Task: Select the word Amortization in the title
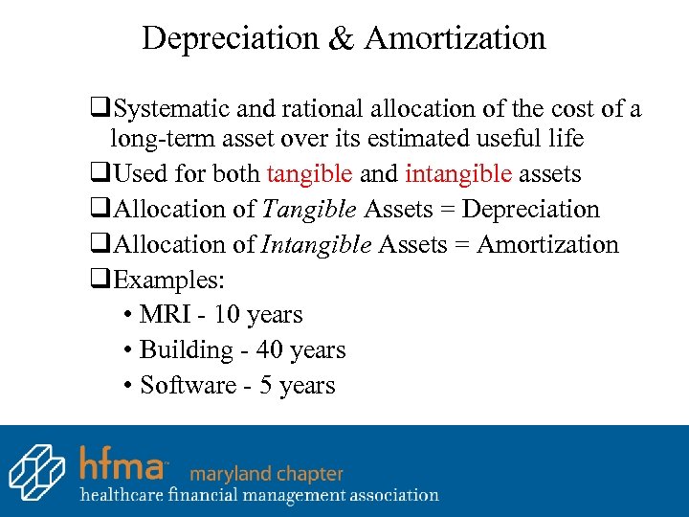point(455,38)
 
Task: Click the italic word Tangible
point(311,210)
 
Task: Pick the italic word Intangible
point(317,245)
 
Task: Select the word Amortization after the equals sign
point(547,245)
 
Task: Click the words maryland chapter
point(267,473)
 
